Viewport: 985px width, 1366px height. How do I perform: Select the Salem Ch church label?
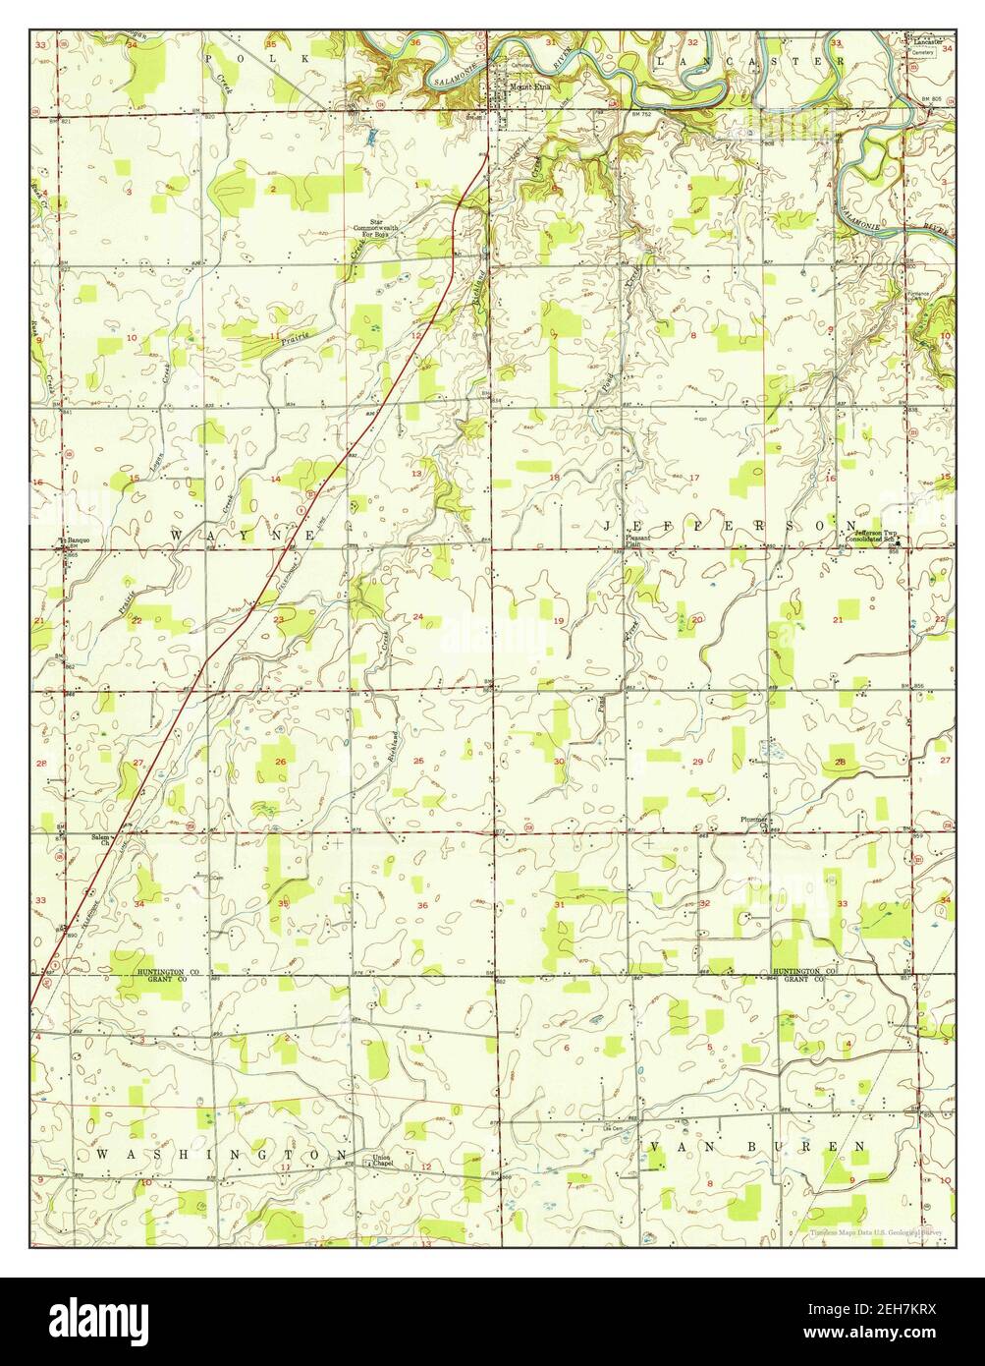pos(100,840)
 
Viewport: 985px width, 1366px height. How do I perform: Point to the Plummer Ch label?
pos(756,821)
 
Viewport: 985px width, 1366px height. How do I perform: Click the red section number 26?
pos(281,763)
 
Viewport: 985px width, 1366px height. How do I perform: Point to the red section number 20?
pos(697,620)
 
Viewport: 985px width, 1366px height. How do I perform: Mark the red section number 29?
pos(697,763)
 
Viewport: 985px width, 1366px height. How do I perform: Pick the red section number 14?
pos(276,479)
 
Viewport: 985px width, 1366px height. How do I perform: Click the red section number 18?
pos(554,478)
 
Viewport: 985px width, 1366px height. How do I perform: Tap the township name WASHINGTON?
pos(221,1153)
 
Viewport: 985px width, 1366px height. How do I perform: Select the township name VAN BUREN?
pos(757,1147)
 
